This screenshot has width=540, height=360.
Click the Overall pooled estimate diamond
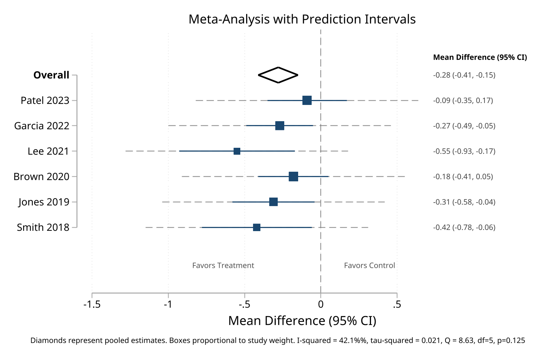pyautogui.click(x=278, y=75)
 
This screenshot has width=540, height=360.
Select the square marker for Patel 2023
pyautogui.click(x=307, y=100)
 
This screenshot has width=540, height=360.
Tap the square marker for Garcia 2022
pyautogui.click(x=280, y=126)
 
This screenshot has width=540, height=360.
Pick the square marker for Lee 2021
pyautogui.click(x=237, y=151)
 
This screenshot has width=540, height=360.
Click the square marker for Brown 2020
pyautogui.click(x=293, y=177)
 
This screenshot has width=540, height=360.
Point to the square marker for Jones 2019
pyautogui.click(x=273, y=202)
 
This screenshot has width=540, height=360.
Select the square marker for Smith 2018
pyautogui.click(x=256, y=227)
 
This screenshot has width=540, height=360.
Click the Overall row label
pyautogui.click(x=51, y=75)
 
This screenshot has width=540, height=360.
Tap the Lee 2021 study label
pyautogui.click(x=48, y=151)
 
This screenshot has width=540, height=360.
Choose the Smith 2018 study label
pyautogui.click(x=43, y=227)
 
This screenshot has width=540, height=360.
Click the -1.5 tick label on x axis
pyautogui.click(x=92, y=304)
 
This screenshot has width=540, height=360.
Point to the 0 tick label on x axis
pyautogui.click(x=321, y=304)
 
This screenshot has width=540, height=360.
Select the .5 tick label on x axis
pyautogui.click(x=397, y=304)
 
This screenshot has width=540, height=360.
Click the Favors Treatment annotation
pyautogui.click(x=223, y=265)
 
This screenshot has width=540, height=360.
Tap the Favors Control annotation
pyautogui.click(x=369, y=265)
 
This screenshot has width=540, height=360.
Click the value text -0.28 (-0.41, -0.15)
pyautogui.click(x=464, y=75)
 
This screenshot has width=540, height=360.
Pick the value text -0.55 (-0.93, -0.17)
pyautogui.click(x=464, y=151)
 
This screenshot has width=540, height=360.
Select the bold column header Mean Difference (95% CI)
pyautogui.click(x=480, y=57)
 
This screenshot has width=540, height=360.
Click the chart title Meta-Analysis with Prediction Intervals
pyautogui.click(x=302, y=19)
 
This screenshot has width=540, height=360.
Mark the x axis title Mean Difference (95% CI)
pyautogui.click(x=302, y=321)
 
